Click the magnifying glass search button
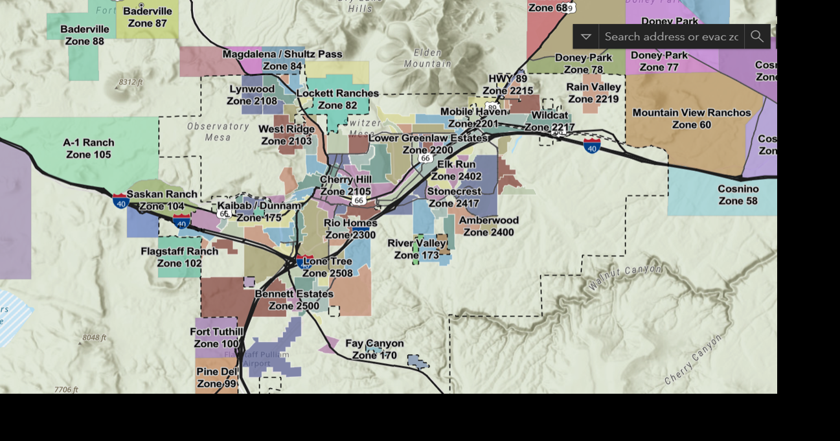click(757, 36)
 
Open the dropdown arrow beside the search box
click(585, 36)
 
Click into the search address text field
click(671, 36)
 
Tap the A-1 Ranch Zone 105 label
click(89, 148)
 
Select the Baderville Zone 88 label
click(85, 35)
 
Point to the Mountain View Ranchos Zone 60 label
click(692, 119)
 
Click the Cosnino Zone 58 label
click(738, 195)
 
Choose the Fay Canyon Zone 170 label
click(374, 349)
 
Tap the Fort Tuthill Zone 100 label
click(216, 337)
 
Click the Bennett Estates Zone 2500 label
click(294, 300)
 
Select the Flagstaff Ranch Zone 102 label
click(179, 257)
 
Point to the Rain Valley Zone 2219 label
click(593, 93)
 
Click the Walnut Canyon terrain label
click(625, 277)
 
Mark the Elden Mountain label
click(427, 58)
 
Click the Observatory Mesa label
click(218, 131)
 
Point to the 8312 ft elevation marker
click(130, 82)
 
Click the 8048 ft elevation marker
click(94, 337)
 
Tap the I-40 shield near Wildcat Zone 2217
click(591, 146)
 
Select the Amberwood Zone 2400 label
click(489, 226)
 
